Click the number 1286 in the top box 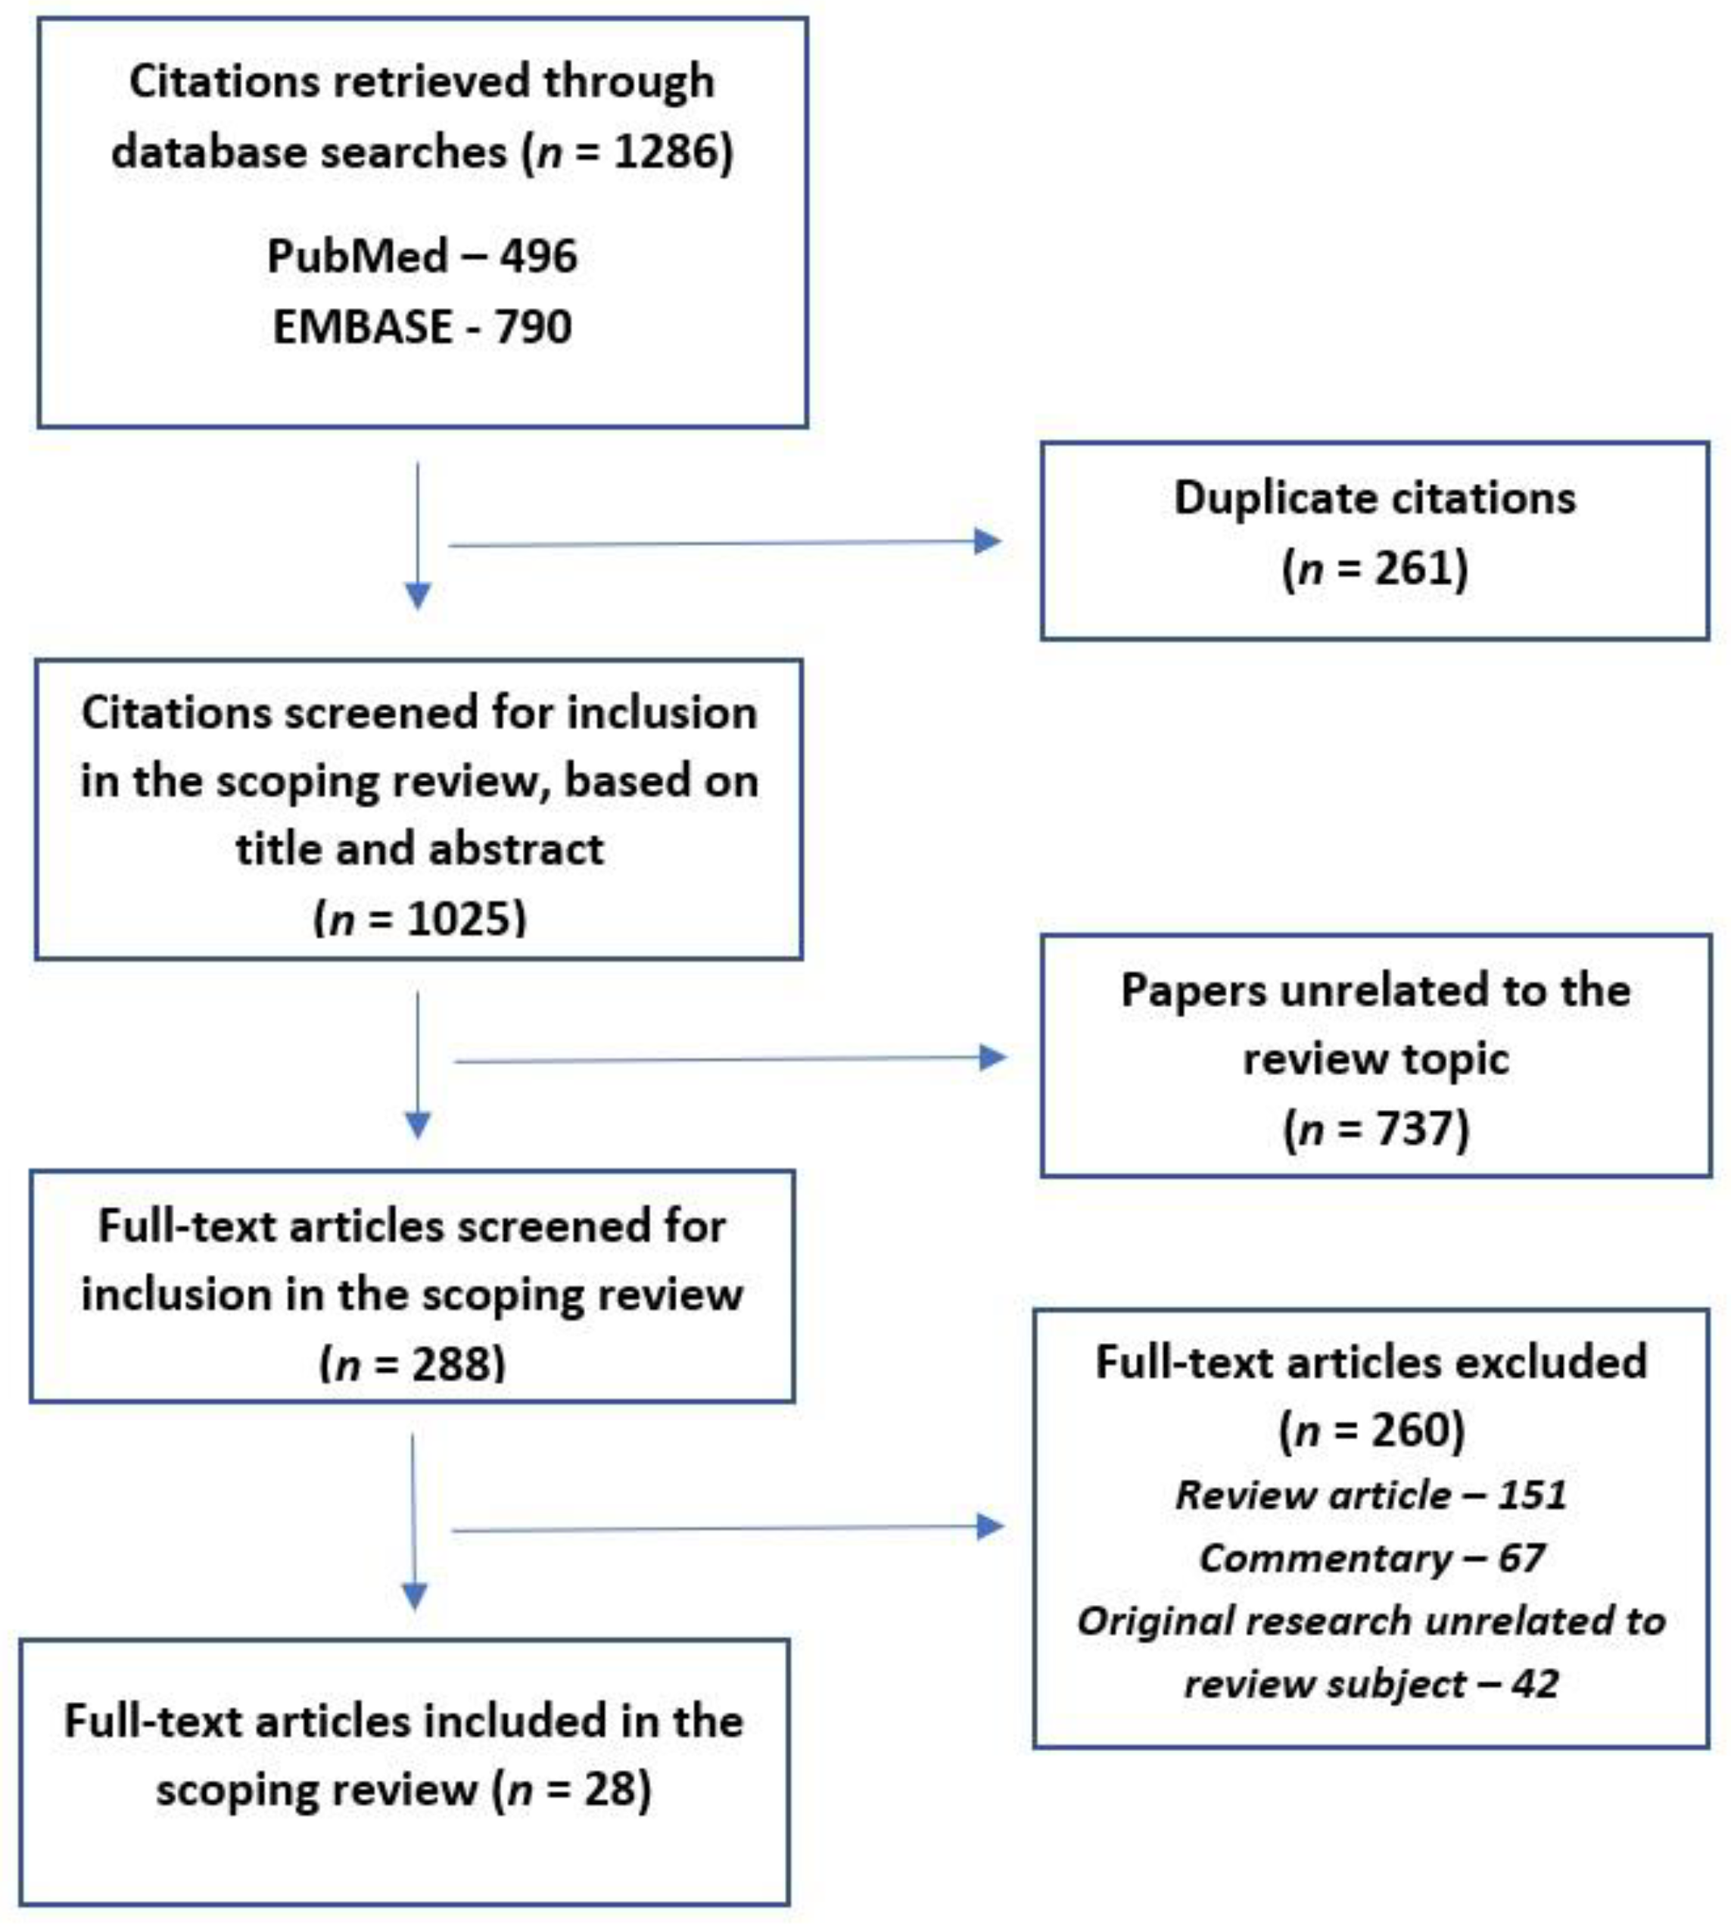coord(670,152)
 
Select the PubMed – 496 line coord(422,256)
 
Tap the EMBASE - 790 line coord(422,327)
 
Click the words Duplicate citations coord(1375,497)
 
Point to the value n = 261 coord(1375,569)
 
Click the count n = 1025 coord(419,919)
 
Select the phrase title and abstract coord(419,849)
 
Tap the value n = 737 coord(1376,1129)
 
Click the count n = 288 coord(412,1364)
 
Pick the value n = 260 coord(1371,1429)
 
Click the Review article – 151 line coord(1371,1495)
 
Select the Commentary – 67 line coord(1371,1558)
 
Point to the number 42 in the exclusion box coord(1534,1684)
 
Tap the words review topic coord(1375,1058)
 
